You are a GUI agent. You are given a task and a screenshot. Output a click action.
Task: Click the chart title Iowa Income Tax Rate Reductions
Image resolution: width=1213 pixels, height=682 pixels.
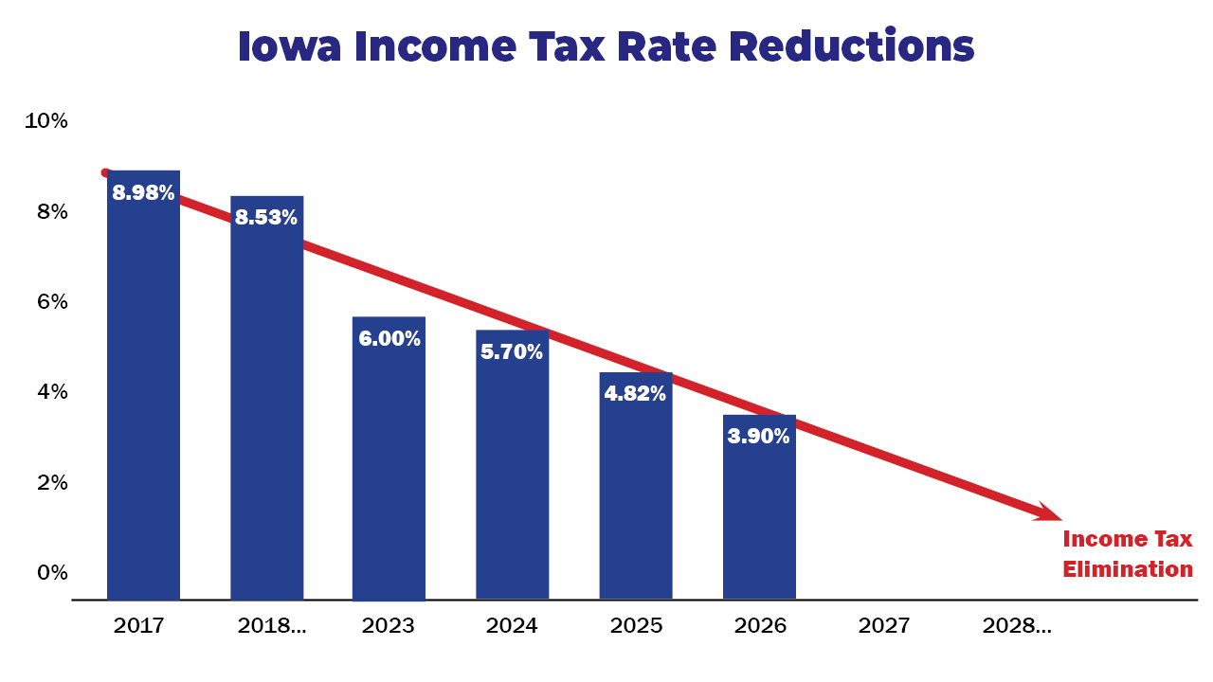coord(606,46)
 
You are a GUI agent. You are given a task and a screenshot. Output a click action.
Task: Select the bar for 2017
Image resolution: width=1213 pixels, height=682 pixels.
coord(143,398)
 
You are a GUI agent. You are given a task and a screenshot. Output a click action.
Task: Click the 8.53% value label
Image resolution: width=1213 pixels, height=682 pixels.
coord(266,218)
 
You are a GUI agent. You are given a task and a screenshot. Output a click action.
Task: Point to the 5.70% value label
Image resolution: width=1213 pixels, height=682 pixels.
coord(512,352)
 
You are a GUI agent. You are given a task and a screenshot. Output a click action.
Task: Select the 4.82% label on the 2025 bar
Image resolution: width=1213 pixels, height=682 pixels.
coord(635,394)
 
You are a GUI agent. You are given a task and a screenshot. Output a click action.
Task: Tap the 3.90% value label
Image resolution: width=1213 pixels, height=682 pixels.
coord(758,437)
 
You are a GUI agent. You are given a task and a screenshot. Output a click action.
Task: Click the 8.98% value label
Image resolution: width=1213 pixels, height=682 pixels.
coord(143,193)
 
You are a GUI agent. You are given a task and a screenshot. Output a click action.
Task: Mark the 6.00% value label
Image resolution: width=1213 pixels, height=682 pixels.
coord(389,338)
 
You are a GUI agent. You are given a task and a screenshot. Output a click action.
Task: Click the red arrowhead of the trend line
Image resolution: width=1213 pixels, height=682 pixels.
coord(1048,512)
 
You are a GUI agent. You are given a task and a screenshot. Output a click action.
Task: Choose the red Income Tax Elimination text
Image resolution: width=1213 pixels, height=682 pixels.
coord(1127,554)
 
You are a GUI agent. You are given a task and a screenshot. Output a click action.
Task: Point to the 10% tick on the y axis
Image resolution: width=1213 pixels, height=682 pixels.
coord(46,121)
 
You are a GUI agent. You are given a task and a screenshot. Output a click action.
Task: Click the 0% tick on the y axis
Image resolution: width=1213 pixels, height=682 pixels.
coord(53,572)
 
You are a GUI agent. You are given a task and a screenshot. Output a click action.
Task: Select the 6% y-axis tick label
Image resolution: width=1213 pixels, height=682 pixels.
coord(53,301)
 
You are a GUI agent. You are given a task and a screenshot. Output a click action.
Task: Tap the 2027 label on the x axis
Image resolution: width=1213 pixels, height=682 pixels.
coord(883,626)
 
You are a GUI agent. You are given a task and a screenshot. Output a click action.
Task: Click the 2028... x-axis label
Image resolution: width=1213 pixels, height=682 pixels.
coord(1017,626)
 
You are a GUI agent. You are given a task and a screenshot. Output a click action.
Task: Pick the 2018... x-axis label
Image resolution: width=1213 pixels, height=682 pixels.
coord(272,626)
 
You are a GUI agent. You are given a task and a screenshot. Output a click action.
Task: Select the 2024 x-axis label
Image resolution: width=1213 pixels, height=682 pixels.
coord(512,626)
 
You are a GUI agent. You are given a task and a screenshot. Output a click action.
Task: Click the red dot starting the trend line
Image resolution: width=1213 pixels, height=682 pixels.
coord(105,172)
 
